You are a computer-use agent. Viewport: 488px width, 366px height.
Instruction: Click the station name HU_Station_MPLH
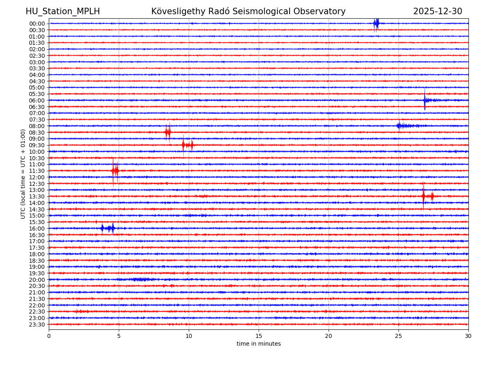[x=63, y=11]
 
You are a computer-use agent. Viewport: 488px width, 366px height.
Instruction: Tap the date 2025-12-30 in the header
[x=438, y=11]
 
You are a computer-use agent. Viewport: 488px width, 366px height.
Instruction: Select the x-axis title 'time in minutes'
[x=259, y=344]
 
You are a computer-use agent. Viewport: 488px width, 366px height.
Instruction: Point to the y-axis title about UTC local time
[x=23, y=174]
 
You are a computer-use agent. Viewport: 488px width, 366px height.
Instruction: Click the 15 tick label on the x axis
[x=259, y=336]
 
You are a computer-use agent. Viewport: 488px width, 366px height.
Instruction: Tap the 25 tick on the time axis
[x=399, y=336]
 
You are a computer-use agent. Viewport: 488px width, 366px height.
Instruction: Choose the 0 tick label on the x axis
[x=49, y=336]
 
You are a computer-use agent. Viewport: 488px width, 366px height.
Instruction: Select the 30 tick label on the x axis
[x=468, y=336]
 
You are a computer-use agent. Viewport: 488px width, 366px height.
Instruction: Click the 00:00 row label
[x=37, y=24]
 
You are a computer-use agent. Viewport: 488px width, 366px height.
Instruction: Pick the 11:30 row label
[x=37, y=171]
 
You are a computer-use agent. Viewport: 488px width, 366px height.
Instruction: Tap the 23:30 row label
[x=37, y=325]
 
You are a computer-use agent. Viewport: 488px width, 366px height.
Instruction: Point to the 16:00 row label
[x=37, y=229]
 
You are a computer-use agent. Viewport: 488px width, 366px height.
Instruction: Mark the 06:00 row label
[x=37, y=100]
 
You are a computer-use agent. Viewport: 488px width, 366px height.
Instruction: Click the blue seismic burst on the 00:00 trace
[x=376, y=23]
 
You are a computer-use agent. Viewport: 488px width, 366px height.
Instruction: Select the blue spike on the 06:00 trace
[x=425, y=100]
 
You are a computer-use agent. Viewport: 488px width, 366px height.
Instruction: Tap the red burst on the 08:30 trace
[x=168, y=132]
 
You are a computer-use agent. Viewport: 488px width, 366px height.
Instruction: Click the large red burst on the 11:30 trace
[x=115, y=171]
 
